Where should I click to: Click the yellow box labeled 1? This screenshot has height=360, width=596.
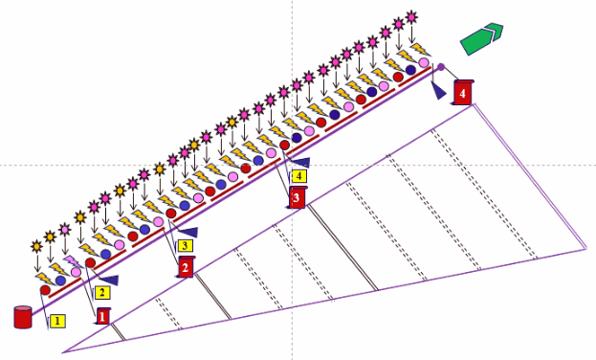coord(57,321)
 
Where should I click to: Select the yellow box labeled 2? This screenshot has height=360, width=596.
coord(101,293)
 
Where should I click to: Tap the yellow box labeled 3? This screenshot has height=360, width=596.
coord(185,245)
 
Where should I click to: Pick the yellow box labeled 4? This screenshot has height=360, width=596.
coord(299,176)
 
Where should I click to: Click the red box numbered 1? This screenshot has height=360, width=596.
coord(102,316)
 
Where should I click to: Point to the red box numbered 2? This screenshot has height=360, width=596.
coord(186,267)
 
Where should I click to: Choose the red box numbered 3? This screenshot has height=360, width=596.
coord(298,197)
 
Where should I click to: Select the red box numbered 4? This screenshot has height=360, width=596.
coord(463,93)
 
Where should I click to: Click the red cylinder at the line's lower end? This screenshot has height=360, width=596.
coord(23,317)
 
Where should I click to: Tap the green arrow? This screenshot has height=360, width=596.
coord(481,38)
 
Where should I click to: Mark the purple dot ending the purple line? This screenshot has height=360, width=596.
coord(441,67)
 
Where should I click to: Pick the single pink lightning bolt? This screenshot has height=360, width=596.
coord(73,261)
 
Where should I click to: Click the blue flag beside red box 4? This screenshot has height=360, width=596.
coord(439,91)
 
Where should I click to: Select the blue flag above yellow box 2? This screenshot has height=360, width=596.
coord(107,280)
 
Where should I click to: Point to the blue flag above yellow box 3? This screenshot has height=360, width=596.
coord(188,232)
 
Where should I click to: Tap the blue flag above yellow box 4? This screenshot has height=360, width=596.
coord(299,163)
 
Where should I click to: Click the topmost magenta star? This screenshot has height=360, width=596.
coord(411,17)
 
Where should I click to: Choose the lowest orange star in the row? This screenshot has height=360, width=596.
coord(36,247)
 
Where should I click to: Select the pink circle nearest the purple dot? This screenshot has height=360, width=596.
coord(424,62)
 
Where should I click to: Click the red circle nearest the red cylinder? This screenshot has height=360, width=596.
coord(45,290)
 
